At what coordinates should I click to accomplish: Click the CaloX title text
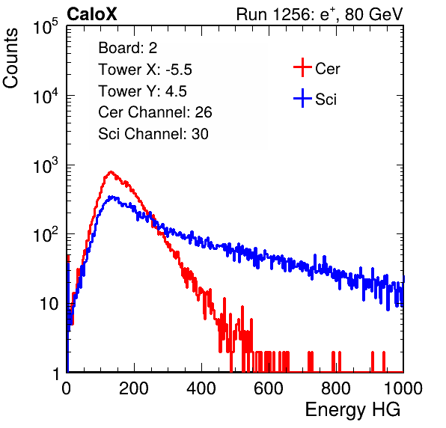tap(92, 14)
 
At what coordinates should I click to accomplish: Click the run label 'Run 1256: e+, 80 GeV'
tap(320, 14)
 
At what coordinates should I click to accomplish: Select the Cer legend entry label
tap(327, 69)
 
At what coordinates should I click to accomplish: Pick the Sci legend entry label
tap(326, 100)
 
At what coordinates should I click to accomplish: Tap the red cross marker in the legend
tap(302, 67)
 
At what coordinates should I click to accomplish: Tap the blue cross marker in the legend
tap(302, 99)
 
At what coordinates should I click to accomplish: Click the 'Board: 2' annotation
tap(128, 48)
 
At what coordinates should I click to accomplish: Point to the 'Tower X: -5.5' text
tap(145, 70)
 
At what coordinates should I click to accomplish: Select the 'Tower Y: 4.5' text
tap(142, 91)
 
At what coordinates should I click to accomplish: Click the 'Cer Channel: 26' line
tap(155, 112)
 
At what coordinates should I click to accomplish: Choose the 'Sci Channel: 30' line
tap(153, 134)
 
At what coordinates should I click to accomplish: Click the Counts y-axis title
tap(10, 58)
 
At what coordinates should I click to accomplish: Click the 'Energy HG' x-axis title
tap(352, 410)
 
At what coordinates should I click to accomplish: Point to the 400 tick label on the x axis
tap(201, 388)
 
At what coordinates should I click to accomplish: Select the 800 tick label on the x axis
tap(336, 388)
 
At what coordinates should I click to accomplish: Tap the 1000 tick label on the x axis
tap(403, 388)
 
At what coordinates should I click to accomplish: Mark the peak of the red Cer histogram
tap(111, 172)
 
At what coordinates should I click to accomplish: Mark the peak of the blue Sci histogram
tap(111, 197)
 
